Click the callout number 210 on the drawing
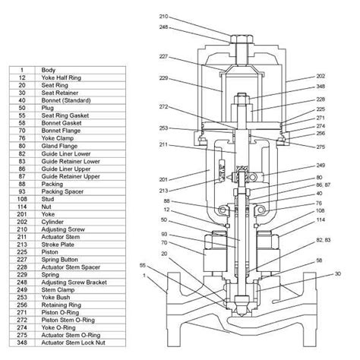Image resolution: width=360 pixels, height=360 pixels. (x=163, y=17)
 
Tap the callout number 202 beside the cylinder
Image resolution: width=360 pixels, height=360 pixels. (x=321, y=76)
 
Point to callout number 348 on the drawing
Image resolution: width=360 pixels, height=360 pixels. (x=321, y=87)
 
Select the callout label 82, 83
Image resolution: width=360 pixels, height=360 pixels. (x=324, y=240)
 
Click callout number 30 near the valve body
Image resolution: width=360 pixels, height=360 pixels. (x=338, y=273)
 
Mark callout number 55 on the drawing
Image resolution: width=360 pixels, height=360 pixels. (x=143, y=265)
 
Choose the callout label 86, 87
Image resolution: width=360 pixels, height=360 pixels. (x=324, y=185)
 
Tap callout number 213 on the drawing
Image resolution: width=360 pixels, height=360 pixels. (x=163, y=191)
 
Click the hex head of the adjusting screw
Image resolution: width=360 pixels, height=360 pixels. (x=242, y=39)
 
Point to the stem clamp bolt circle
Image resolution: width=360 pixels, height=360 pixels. (x=253, y=177)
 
